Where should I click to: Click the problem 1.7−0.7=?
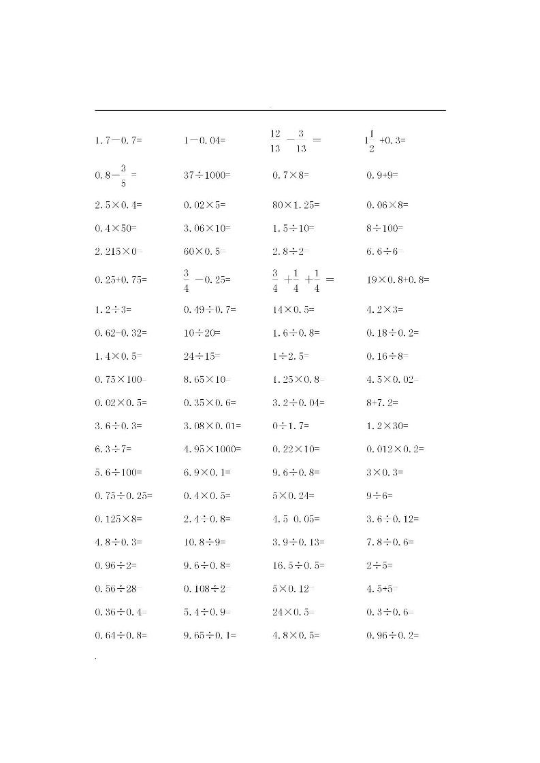118,141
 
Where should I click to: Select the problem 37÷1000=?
207,175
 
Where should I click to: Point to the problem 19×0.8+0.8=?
398,279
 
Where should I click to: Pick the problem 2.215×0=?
119,252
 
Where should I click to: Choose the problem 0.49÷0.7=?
210,310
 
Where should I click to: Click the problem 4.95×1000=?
212,450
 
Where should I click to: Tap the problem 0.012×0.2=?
394,450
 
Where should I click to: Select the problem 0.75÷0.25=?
123,496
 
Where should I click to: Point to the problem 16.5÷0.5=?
298,566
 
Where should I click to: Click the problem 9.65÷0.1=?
210,636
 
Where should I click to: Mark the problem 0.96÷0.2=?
392,636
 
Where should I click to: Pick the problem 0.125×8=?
118,520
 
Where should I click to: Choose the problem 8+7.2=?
382,403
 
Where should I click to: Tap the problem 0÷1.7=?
291,426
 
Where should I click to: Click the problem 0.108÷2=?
208,589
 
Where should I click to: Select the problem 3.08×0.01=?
212,426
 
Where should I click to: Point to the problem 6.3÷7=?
113,450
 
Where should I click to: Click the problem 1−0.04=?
204,141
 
